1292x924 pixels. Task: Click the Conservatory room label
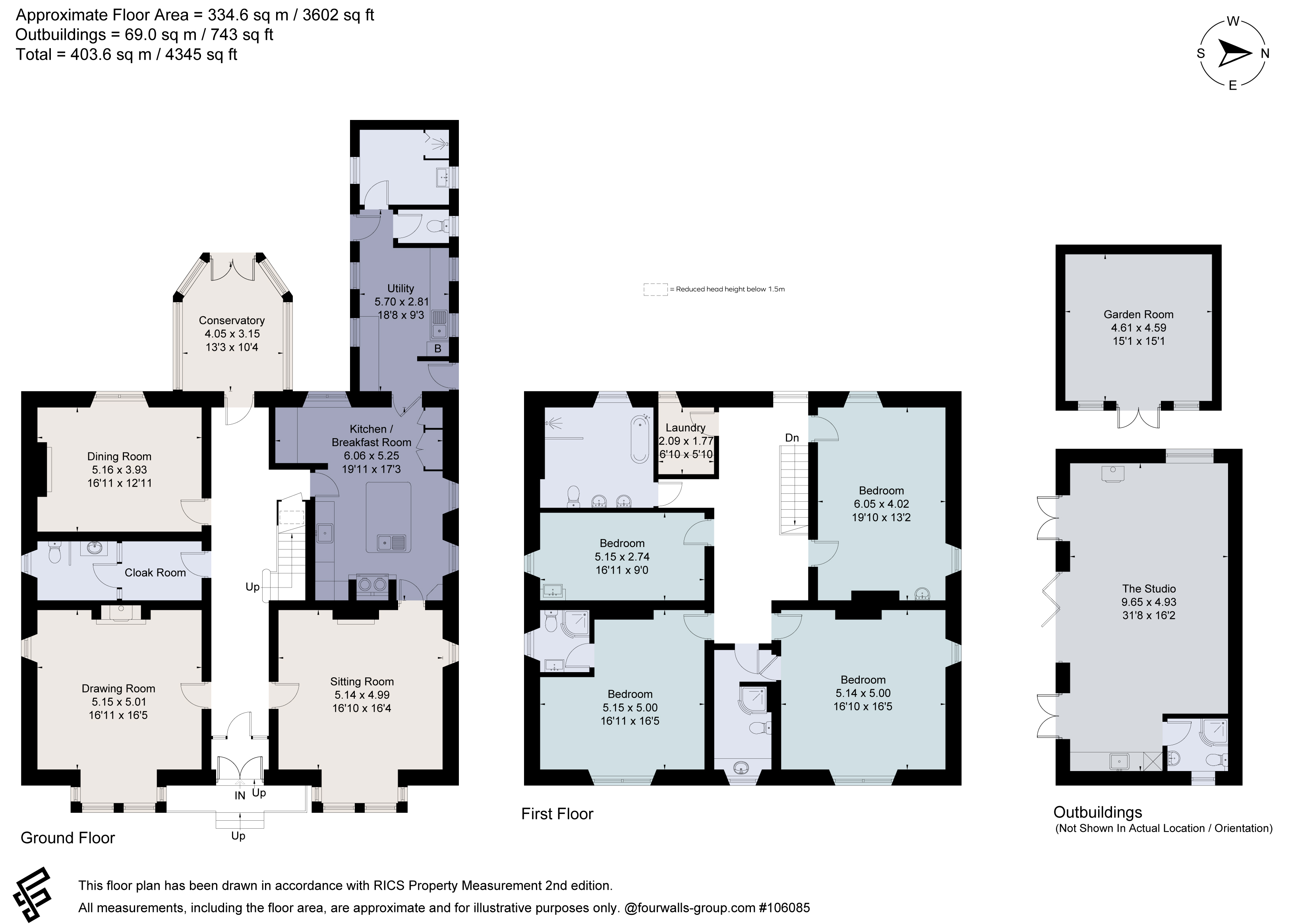[232, 320]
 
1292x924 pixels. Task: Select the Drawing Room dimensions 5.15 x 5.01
[118, 702]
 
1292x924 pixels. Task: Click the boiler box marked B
[437, 348]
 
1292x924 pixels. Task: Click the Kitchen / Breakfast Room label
[371, 436]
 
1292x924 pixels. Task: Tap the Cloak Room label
[155, 573]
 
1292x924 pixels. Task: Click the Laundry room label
[686, 428]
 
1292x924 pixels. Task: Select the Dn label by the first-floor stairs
[792, 437]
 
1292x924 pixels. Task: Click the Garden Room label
[1138, 314]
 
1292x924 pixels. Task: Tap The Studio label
[1149, 589]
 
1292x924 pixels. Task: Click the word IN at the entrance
[240, 795]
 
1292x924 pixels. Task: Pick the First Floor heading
[557, 814]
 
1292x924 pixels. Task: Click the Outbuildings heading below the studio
[1097, 812]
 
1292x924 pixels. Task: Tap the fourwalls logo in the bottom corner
[33, 895]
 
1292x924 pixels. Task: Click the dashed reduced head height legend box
[656, 290]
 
